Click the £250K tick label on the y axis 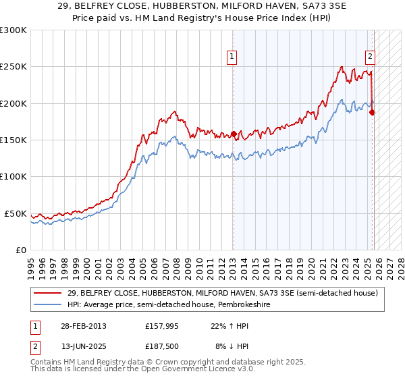pos(13,67)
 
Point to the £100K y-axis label pos(13,177)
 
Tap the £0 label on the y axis pos(20,250)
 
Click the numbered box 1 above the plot pos(232,57)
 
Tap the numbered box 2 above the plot pos(371,57)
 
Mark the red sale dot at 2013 pos(234,134)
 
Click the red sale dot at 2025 pos(372,113)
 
